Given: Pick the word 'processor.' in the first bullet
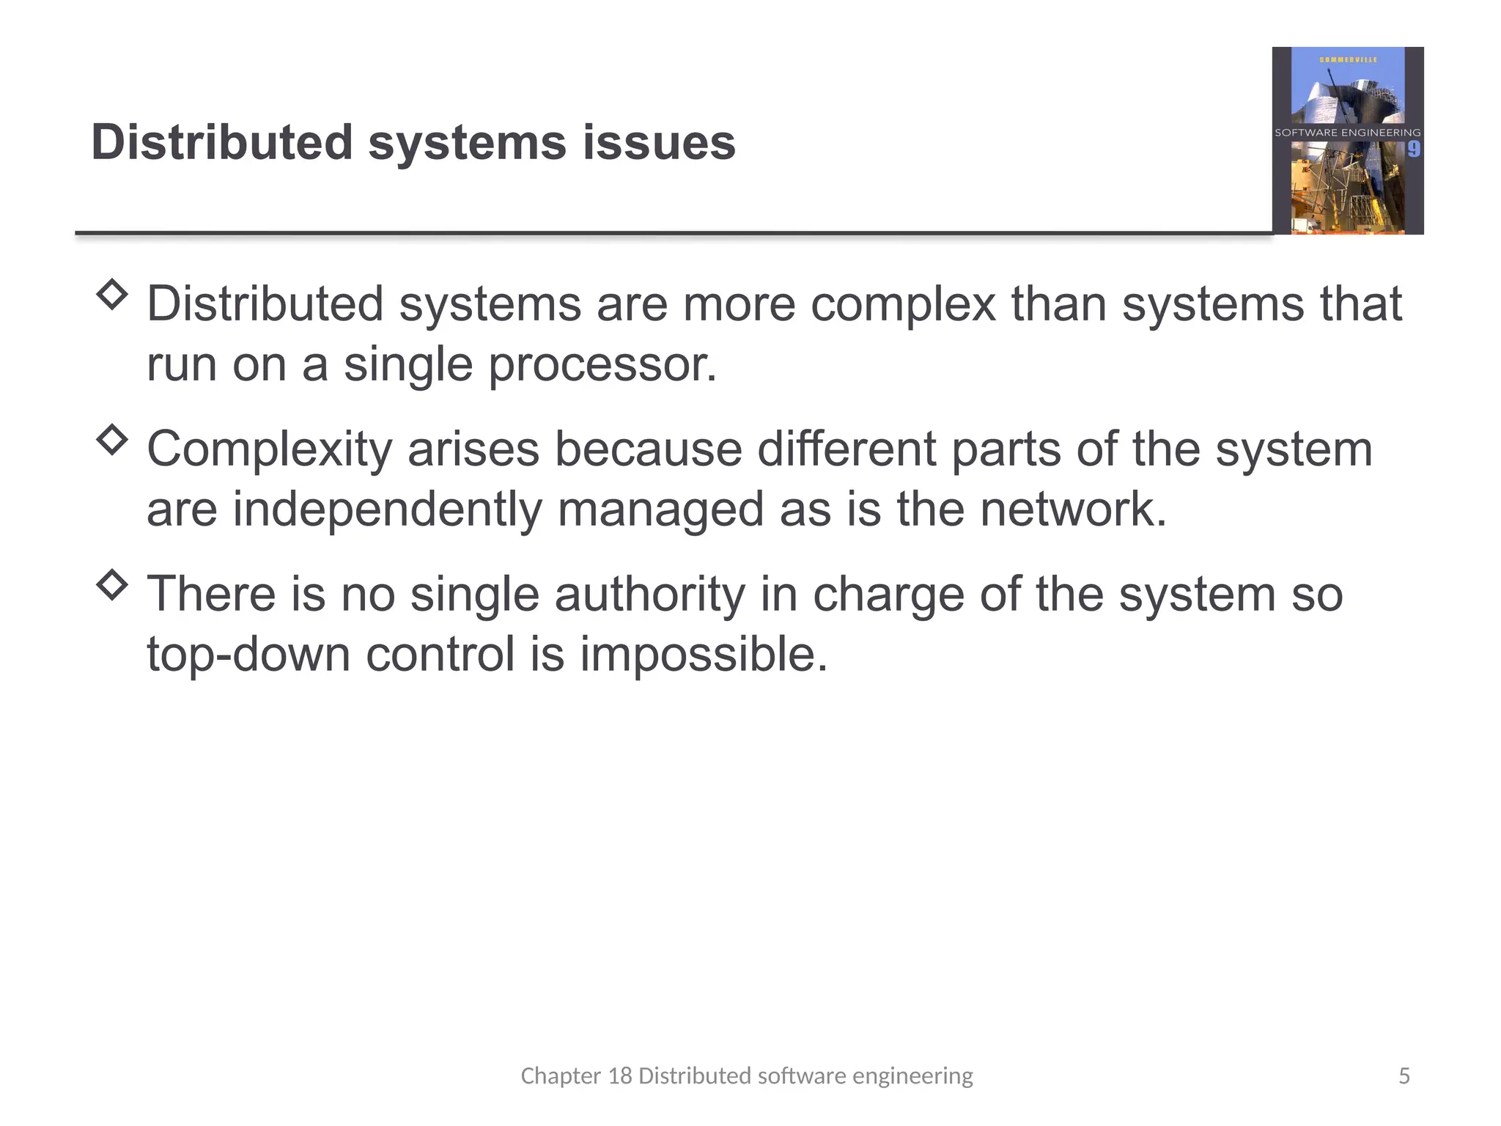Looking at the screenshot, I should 602,364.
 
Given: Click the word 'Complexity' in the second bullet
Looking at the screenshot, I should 270,449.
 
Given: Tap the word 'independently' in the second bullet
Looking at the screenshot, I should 387,509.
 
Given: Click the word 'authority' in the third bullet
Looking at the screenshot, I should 649,595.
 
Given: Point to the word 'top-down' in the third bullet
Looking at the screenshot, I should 248,654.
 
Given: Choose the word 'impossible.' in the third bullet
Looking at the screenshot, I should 704,654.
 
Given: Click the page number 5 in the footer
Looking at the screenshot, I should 1404,1076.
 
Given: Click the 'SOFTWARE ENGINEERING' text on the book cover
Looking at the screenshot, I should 1348,133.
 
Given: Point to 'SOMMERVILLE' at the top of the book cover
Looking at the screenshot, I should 1348,59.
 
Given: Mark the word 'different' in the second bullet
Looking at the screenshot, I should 847,449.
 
